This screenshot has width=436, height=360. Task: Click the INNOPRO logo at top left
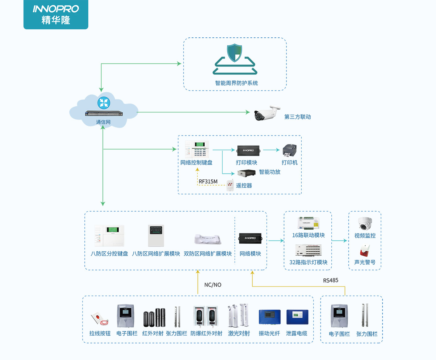56,15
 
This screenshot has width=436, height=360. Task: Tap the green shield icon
234,53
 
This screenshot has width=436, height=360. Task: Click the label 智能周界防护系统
236,83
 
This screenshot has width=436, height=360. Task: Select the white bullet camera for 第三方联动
266,113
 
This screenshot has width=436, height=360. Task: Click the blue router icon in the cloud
104,103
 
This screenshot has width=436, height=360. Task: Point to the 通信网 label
103,122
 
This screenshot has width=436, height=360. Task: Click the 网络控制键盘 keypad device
197,149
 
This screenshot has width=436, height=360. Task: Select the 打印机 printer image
290,150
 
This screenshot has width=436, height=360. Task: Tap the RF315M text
208,182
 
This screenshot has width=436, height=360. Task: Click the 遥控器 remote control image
230,185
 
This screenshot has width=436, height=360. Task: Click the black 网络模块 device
250,238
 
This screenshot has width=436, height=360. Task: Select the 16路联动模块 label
308,235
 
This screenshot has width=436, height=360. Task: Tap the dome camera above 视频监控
365,224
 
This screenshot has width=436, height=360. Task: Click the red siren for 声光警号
365,251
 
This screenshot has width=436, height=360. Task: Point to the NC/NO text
213,285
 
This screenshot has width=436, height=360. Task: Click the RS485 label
330,280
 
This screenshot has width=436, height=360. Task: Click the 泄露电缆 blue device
297,317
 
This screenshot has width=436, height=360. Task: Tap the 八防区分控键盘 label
109,254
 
